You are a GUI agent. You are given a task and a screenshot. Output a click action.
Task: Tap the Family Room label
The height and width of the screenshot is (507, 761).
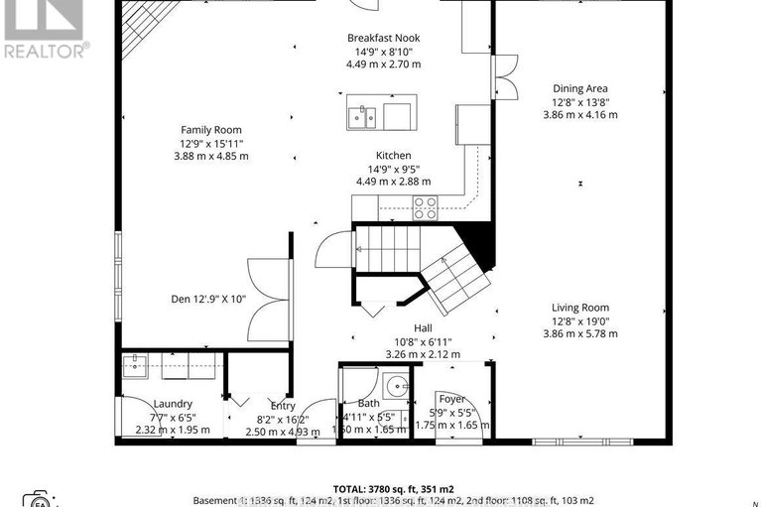click(x=210, y=130)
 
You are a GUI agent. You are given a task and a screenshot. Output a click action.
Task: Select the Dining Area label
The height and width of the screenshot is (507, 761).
click(x=580, y=88)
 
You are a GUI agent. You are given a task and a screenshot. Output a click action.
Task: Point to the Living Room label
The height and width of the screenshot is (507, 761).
click(x=580, y=308)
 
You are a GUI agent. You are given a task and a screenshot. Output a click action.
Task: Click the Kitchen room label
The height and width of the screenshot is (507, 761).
click(x=393, y=156)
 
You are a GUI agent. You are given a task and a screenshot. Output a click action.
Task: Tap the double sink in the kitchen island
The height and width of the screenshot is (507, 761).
click(x=361, y=117)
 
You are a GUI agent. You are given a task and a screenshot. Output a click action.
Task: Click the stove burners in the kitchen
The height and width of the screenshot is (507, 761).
click(x=425, y=207)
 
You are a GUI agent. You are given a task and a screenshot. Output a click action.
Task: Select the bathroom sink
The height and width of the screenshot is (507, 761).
click(x=396, y=386)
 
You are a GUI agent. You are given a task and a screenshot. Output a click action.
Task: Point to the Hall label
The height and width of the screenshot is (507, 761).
click(x=422, y=327)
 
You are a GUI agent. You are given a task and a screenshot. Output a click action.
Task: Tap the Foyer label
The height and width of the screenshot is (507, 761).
click(x=451, y=399)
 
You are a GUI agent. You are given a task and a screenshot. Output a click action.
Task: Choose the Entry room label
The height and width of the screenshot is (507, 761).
click(x=283, y=405)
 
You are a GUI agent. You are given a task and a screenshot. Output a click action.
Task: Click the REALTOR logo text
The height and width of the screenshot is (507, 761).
click(x=46, y=50)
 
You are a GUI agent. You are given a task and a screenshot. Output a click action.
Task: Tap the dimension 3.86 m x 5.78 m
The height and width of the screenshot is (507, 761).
click(x=580, y=334)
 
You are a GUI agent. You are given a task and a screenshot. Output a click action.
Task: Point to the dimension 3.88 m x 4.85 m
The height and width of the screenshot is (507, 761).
click(x=210, y=156)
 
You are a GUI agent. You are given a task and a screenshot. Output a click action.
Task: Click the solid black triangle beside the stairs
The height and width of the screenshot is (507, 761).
click(x=480, y=242)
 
